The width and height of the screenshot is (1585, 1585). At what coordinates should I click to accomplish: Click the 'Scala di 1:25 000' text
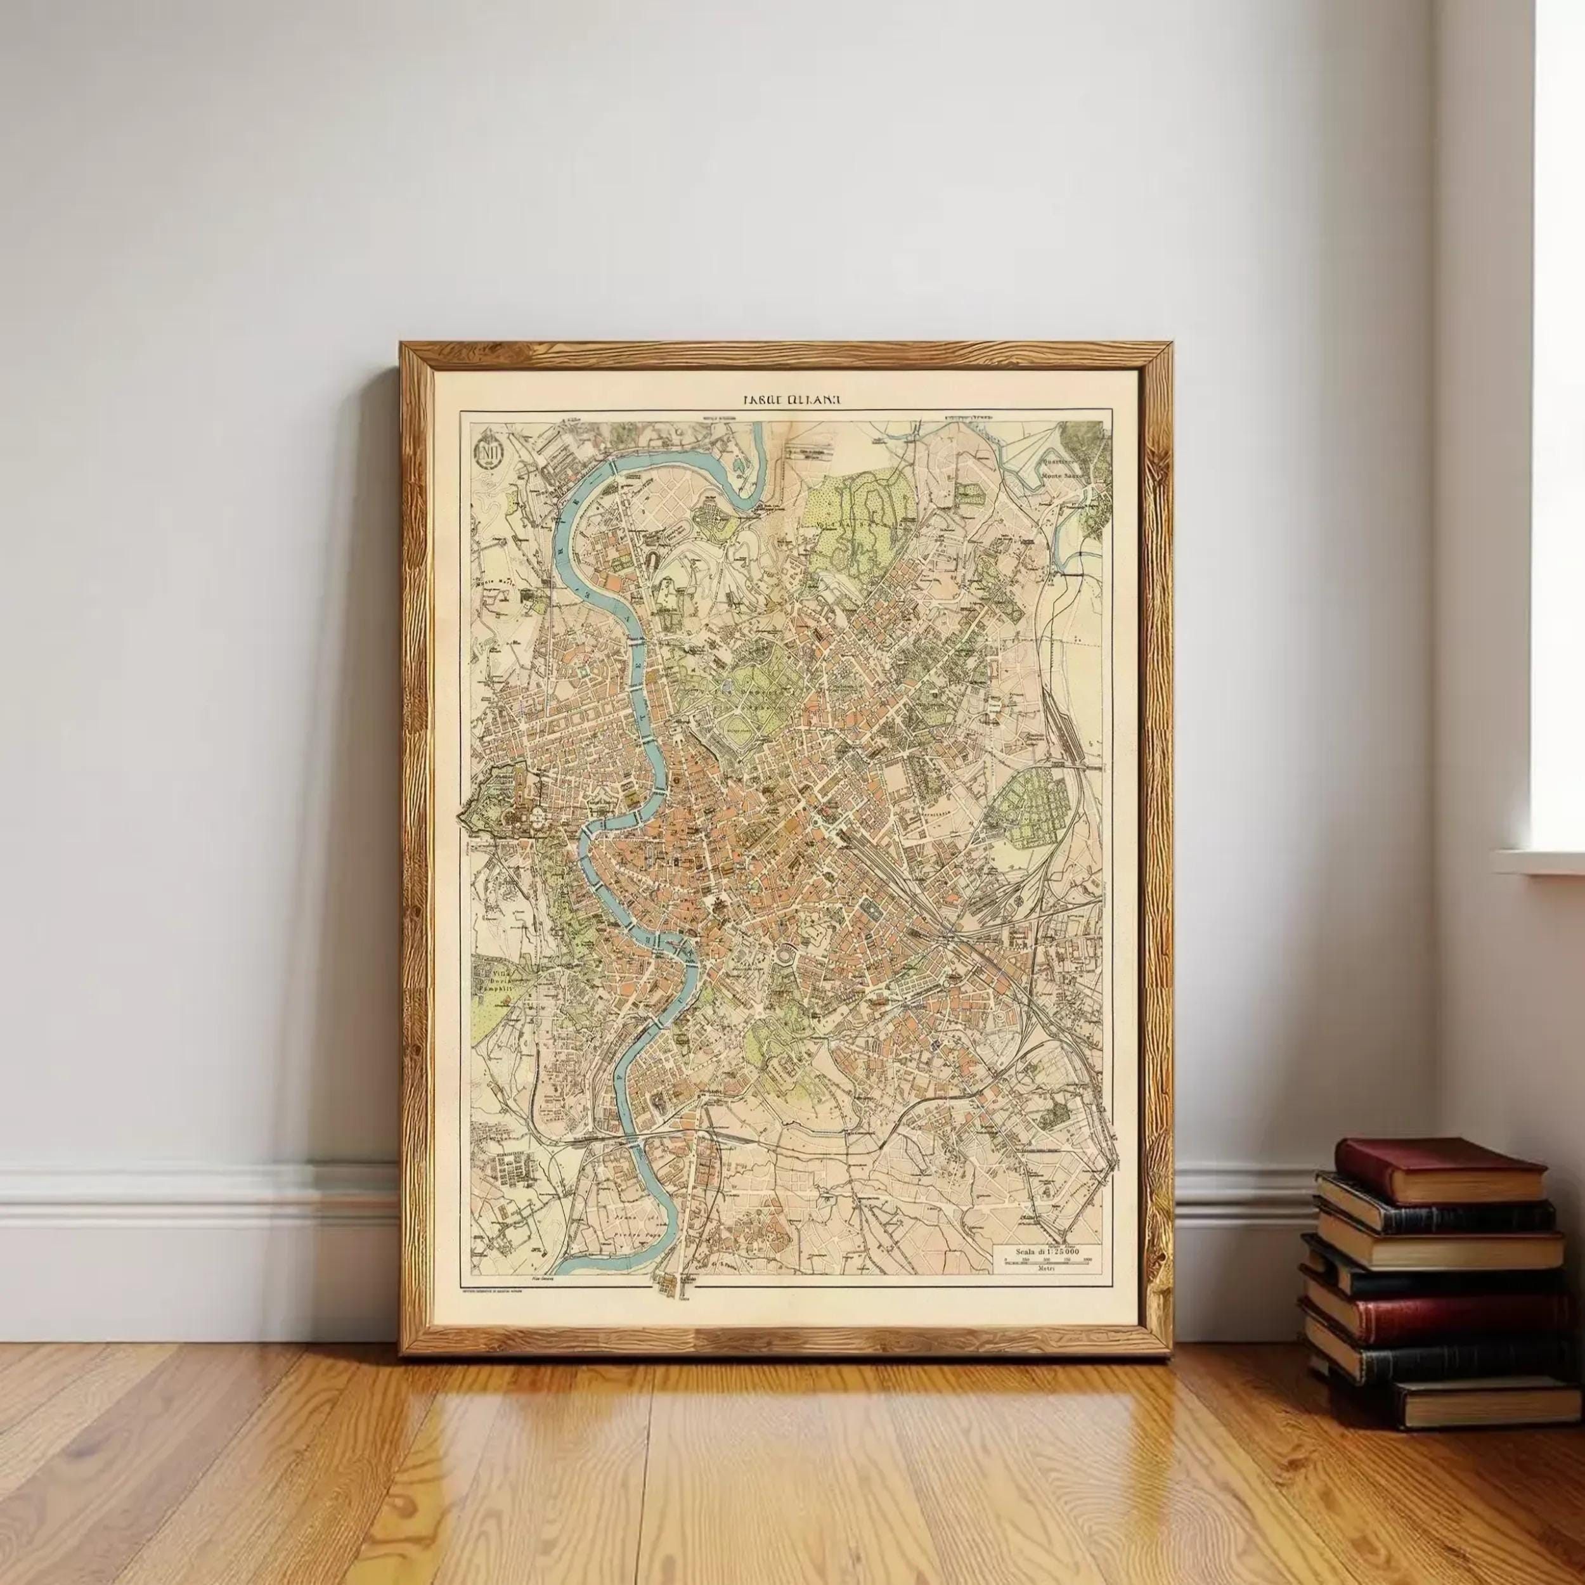(1047, 1250)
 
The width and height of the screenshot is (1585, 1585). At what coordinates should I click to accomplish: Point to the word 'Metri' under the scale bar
(1045, 1269)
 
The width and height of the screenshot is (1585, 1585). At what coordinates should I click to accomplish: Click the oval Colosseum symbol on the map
(786, 957)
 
